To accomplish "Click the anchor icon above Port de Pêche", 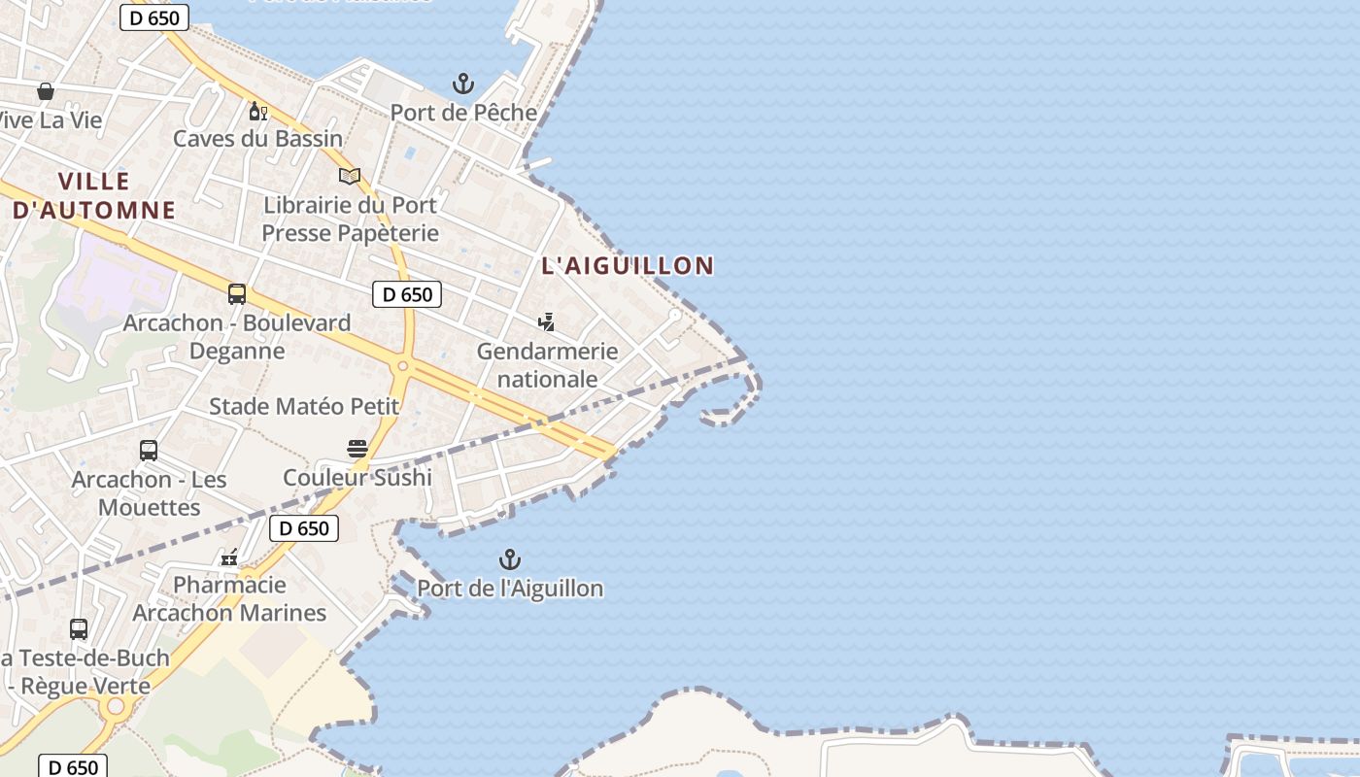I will [463, 84].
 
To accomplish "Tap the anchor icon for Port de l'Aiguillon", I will [510, 559].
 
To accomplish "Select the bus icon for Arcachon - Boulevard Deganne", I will [237, 294].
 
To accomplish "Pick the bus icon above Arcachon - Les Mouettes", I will [149, 451].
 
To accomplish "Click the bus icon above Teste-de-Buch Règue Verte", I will [79, 628].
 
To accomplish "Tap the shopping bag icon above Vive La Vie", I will [46, 91].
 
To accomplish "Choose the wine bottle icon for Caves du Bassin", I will [257, 111].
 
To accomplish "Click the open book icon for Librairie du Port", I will [350, 176].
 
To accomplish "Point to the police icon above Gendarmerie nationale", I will [547, 322].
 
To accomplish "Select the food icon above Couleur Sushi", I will [357, 448].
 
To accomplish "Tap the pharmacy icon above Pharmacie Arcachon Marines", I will [229, 557].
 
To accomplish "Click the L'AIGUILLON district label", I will [628, 265].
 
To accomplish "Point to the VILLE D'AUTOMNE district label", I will [94, 195].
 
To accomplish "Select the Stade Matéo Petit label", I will [304, 406].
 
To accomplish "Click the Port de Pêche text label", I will [463, 113].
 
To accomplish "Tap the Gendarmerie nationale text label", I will [547, 365].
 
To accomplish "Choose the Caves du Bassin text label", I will [258, 139].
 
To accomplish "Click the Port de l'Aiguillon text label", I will [510, 589].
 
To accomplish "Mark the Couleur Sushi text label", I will [357, 477].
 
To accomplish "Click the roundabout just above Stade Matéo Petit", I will [402, 366].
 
